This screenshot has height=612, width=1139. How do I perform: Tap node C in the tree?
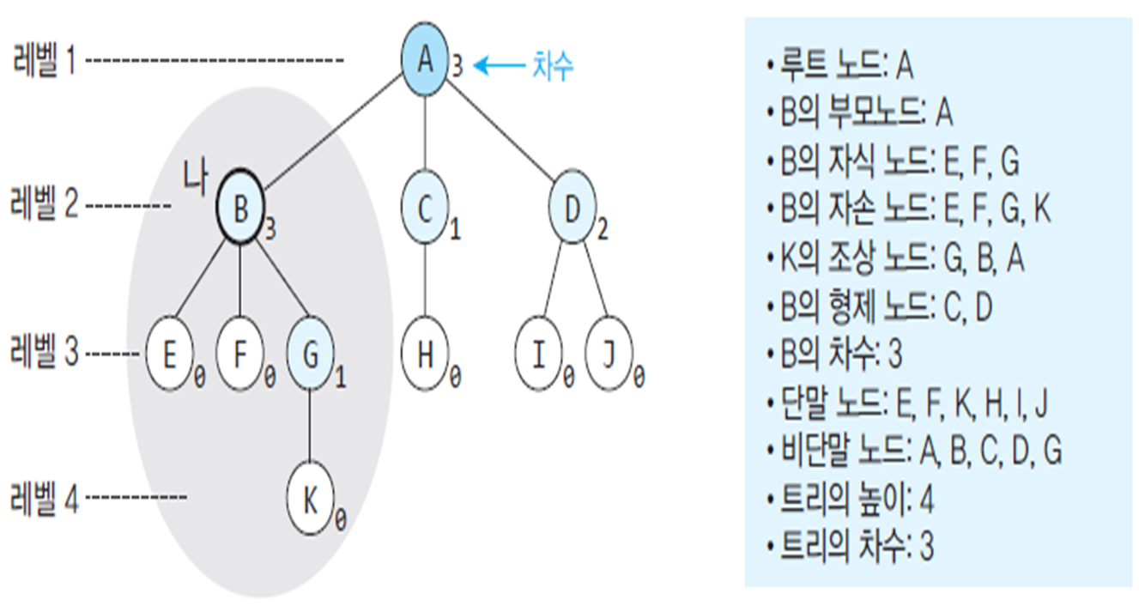425,209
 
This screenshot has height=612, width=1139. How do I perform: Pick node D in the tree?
573,209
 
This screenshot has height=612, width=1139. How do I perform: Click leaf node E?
169,354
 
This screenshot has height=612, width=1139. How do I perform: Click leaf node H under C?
425,354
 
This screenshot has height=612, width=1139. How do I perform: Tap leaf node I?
538,354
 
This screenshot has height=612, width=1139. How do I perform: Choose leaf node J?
609,354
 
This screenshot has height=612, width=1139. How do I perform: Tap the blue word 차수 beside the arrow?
552,66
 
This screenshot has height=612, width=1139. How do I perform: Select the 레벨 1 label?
44,62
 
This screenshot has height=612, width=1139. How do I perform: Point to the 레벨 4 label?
44,499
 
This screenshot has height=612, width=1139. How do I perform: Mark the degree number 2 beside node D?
603,230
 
